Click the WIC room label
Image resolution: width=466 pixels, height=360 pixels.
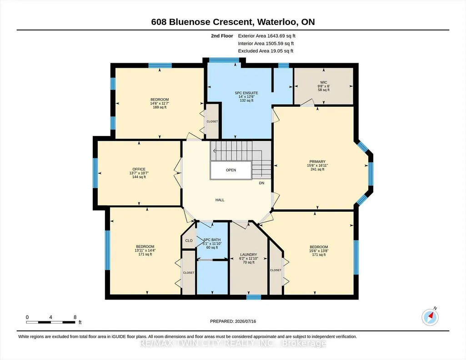click(324, 82)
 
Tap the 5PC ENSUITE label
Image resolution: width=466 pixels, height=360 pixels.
click(246, 93)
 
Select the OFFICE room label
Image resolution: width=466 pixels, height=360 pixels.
click(139, 169)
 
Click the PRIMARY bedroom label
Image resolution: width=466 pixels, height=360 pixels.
click(317, 161)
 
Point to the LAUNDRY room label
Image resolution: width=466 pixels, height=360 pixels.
click(248, 255)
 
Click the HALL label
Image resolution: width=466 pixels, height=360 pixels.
click(220, 200)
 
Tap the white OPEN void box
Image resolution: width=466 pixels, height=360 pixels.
click(231, 170)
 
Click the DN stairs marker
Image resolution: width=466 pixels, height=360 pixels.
click(261, 183)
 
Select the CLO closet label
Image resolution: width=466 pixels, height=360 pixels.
click(189, 240)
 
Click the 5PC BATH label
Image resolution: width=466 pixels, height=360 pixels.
click(212, 240)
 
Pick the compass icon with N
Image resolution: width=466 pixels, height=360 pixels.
click(430, 317)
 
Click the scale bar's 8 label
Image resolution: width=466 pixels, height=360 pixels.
click(75, 317)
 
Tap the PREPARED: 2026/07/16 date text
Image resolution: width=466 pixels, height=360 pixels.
click(233, 321)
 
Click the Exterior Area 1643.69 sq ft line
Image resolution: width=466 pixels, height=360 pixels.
click(266, 36)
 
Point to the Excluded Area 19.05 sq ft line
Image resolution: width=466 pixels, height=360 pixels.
click(266, 51)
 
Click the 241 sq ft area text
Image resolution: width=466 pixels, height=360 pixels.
click(317, 169)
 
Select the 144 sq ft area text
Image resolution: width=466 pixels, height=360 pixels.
click(139, 177)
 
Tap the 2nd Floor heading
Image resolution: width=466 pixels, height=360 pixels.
click(222, 36)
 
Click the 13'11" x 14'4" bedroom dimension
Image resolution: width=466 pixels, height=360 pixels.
click(145, 250)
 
